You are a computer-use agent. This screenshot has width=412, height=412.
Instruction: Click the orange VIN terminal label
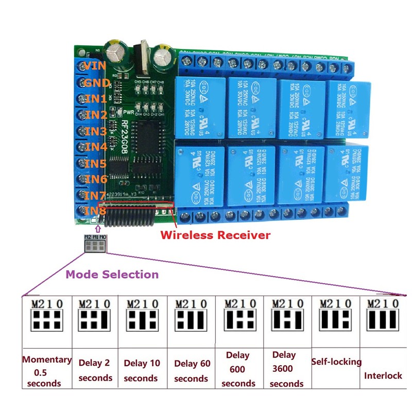[x=96, y=66]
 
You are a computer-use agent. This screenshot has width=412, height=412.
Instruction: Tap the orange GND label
[x=97, y=83]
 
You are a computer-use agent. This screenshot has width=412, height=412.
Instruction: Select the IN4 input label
[x=96, y=147]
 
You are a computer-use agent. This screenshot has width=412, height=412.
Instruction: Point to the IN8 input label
[x=96, y=211]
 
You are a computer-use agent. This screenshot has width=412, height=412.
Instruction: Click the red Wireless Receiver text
[x=215, y=235]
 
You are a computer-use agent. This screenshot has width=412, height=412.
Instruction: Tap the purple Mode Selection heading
[x=112, y=274]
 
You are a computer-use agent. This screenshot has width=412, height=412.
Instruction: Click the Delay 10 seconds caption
[x=142, y=370]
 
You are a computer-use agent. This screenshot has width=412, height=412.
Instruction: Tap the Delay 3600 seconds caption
[x=286, y=369]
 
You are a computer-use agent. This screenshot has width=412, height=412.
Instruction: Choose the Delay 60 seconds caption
[x=192, y=371]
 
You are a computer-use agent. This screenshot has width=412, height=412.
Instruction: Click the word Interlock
[x=383, y=375]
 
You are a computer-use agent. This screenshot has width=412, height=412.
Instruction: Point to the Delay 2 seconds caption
[x=95, y=370]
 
